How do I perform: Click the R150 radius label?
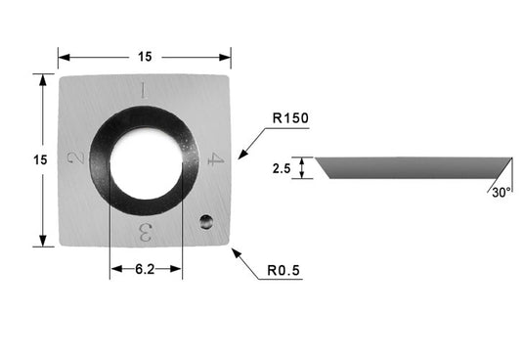click(x=290, y=118)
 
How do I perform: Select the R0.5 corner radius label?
click(x=284, y=270)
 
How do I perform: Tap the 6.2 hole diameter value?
click(x=145, y=269)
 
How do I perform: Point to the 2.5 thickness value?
click(x=282, y=168)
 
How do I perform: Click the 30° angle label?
click(x=502, y=193)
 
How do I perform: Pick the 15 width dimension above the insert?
click(x=145, y=57)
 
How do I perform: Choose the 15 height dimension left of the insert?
click(x=40, y=159)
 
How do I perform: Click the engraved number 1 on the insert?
click(x=144, y=90)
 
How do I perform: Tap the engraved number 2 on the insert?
click(x=76, y=158)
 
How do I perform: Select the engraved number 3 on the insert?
click(x=145, y=233)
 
